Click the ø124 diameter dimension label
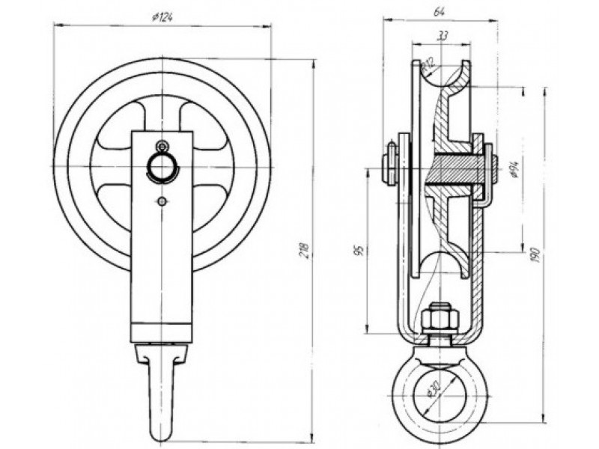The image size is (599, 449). point(162,17)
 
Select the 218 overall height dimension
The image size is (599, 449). point(305,250)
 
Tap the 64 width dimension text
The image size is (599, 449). point(439,11)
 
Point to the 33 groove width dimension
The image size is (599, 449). point(442,36)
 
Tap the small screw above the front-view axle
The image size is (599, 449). point(162,146)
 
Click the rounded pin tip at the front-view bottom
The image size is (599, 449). point(162,433)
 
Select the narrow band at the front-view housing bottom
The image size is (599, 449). point(162,332)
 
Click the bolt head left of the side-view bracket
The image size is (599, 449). point(390,165)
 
